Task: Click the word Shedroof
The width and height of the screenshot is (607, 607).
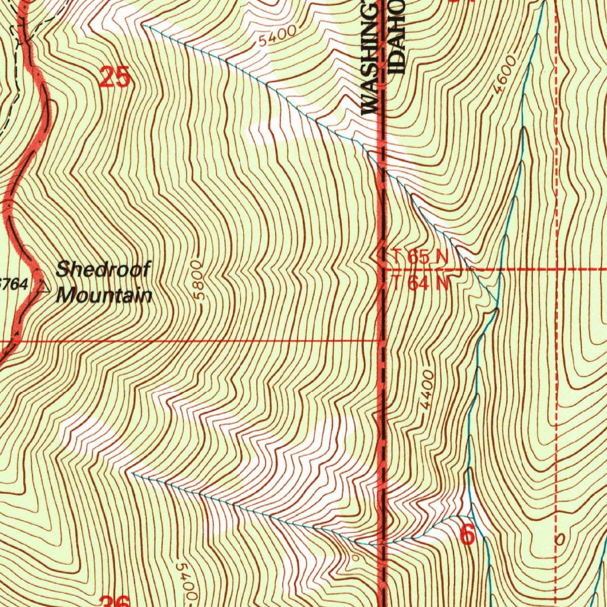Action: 104,270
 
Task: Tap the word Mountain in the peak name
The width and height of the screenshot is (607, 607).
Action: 104,295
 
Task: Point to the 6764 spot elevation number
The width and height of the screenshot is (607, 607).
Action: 14,285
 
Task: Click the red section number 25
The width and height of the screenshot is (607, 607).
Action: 115,78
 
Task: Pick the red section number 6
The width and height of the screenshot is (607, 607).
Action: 467,535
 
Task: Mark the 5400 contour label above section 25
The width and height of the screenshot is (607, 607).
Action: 277,39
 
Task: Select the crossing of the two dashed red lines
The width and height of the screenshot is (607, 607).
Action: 557,269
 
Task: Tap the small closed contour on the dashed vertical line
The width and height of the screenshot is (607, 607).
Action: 557,540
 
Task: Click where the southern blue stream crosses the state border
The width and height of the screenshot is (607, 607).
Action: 382,542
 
